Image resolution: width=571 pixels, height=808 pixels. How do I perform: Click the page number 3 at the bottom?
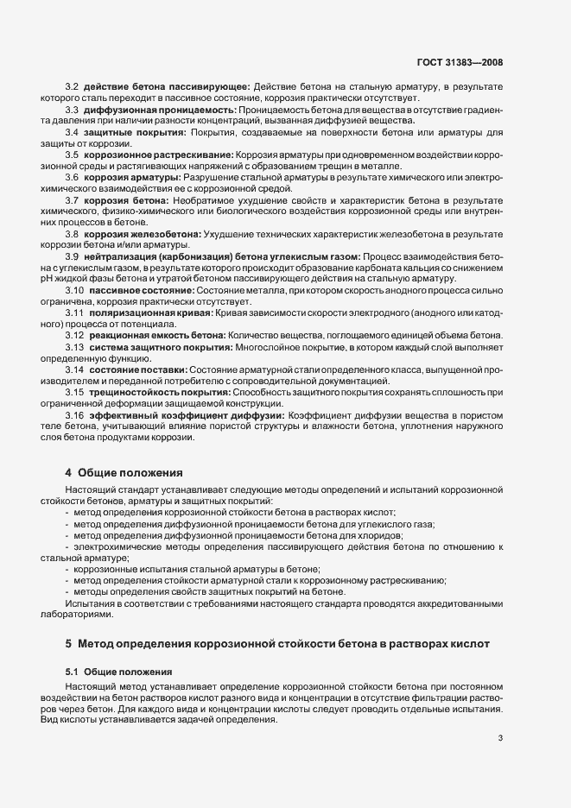click(x=501, y=738)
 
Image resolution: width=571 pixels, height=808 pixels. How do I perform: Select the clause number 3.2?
click(x=73, y=87)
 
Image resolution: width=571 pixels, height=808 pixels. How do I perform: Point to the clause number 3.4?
click(x=73, y=132)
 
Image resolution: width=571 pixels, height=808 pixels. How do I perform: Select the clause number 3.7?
click(x=73, y=199)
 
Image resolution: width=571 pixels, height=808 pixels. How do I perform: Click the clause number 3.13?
click(x=74, y=346)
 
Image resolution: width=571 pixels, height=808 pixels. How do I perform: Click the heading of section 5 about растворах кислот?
click(x=277, y=643)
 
